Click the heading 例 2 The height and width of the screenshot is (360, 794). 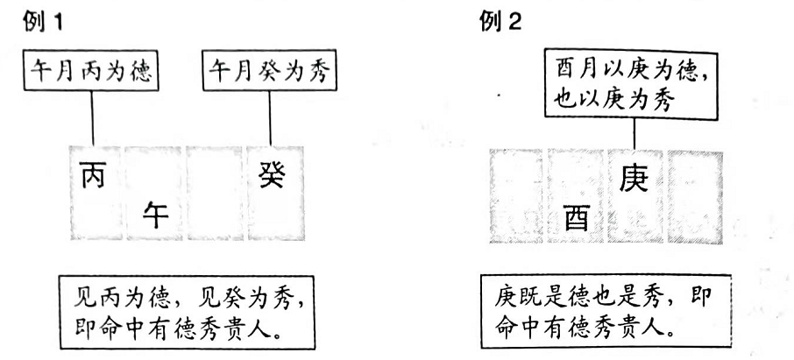point(500,22)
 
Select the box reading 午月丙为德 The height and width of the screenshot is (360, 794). point(91,70)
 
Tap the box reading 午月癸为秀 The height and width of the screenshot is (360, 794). point(269,70)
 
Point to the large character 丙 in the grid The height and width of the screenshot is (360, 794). point(93,175)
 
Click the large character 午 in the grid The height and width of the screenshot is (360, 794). point(155,215)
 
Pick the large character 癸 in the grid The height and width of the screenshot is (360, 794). point(272,175)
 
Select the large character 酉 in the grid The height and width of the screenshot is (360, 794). point(577,218)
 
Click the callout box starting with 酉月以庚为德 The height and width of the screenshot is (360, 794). point(632,85)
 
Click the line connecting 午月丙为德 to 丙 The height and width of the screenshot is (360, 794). point(93,118)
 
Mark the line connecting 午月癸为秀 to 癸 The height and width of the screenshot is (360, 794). point(269,118)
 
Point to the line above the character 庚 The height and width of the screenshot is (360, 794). point(634,135)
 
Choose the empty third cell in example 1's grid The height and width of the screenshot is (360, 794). point(215,193)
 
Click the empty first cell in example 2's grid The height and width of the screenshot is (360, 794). point(516,196)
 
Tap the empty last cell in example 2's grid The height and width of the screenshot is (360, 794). point(695,196)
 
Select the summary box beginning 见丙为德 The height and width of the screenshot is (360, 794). point(188,313)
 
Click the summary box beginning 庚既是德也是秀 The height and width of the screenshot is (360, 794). point(606,312)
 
